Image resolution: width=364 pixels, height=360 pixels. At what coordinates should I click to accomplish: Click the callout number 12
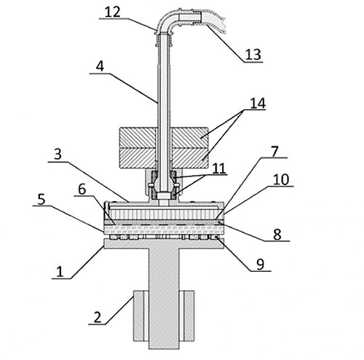pyautogui.click(x=112, y=12)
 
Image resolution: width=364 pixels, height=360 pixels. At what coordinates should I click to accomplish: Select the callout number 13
pyautogui.click(x=253, y=55)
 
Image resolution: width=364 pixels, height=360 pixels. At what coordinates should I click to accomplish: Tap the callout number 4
pyautogui.click(x=100, y=66)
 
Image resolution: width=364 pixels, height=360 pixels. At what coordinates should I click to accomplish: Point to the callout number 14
pyautogui.click(x=258, y=103)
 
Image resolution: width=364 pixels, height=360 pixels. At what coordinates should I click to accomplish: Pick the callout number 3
pyautogui.click(x=58, y=154)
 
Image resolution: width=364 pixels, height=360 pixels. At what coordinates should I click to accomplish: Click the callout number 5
pyautogui.click(x=41, y=199)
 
